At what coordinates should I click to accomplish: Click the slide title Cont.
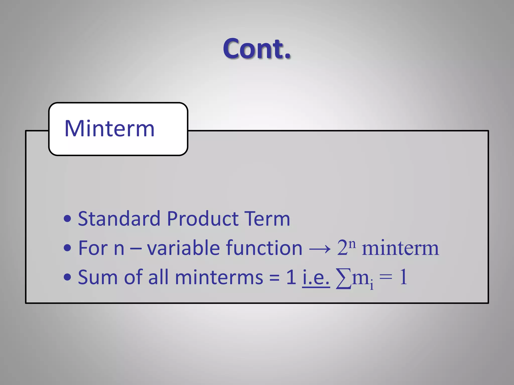[x=257, y=49]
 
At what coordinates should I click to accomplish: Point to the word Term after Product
[x=267, y=219]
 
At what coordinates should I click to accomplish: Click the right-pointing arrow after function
[x=319, y=249]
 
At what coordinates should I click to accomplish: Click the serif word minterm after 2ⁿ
[x=400, y=248]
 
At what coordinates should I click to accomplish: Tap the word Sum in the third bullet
[x=98, y=277]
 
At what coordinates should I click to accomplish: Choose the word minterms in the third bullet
[x=219, y=277]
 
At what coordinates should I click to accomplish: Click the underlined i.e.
[x=316, y=278]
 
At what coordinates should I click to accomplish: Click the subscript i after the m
[x=372, y=285]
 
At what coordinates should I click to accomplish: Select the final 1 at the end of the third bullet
[x=403, y=277]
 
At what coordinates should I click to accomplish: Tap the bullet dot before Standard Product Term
[x=67, y=219]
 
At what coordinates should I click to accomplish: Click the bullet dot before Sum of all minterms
[x=67, y=277]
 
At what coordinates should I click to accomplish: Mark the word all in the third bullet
[x=158, y=277]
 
